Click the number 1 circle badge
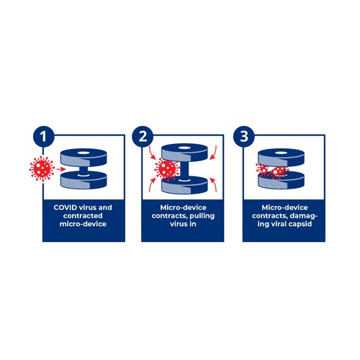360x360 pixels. pyautogui.click(x=43, y=137)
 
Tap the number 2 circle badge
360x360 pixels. pyautogui.click(x=143, y=137)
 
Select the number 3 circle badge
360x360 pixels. pyautogui.click(x=244, y=137)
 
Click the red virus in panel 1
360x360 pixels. pyautogui.click(x=42, y=168)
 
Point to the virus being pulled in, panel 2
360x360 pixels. pyautogui.click(x=167, y=169)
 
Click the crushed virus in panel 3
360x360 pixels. pyautogui.click(x=271, y=171)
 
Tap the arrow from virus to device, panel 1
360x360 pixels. pyautogui.click(x=61, y=169)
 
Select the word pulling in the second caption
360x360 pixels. pyautogui.click(x=202, y=216)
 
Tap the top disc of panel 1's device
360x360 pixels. pyautogui.click(x=84, y=157)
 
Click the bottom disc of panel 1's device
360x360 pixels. pyautogui.click(x=84, y=180)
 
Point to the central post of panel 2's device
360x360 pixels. pyautogui.click(x=184, y=171)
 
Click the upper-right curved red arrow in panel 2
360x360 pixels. pyautogui.click(x=214, y=152)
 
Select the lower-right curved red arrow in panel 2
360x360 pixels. pyautogui.click(x=214, y=185)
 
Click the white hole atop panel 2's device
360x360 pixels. pyautogui.click(x=184, y=148)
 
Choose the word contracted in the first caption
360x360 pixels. pyautogui.click(x=83, y=216)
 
